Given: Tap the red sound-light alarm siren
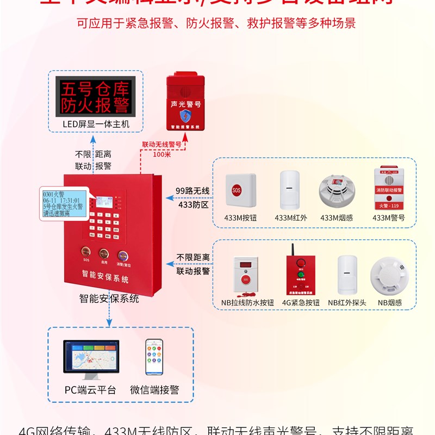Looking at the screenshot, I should click(x=186, y=103).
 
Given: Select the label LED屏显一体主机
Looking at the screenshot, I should click(x=96, y=125).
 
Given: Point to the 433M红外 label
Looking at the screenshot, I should click(x=291, y=217).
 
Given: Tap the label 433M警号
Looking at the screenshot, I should click(x=388, y=217).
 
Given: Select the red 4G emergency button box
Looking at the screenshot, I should click(x=296, y=272).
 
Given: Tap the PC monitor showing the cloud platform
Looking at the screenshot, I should click(x=91, y=359).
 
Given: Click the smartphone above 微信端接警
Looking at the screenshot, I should click(x=154, y=357).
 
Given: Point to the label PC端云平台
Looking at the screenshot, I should click(x=90, y=390).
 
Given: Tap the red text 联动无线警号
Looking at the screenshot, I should click(x=161, y=145).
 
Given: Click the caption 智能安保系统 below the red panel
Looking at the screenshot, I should click(x=109, y=299).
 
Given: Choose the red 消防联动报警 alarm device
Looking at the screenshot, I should click(x=388, y=189).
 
